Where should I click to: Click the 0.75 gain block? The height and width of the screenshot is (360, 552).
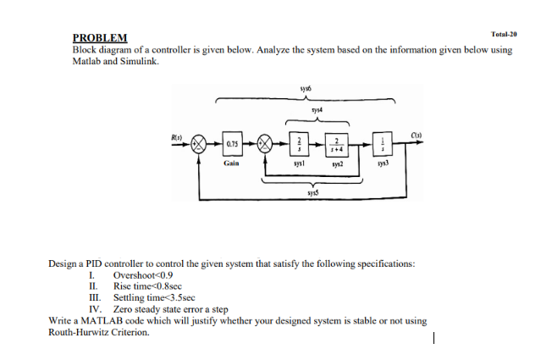point(232,144)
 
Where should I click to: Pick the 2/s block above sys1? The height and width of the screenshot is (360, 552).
point(296,144)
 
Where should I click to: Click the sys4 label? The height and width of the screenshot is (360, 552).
point(316,108)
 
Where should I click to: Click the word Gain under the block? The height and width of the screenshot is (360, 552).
point(232,159)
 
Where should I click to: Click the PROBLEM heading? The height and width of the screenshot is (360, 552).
point(101,38)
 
